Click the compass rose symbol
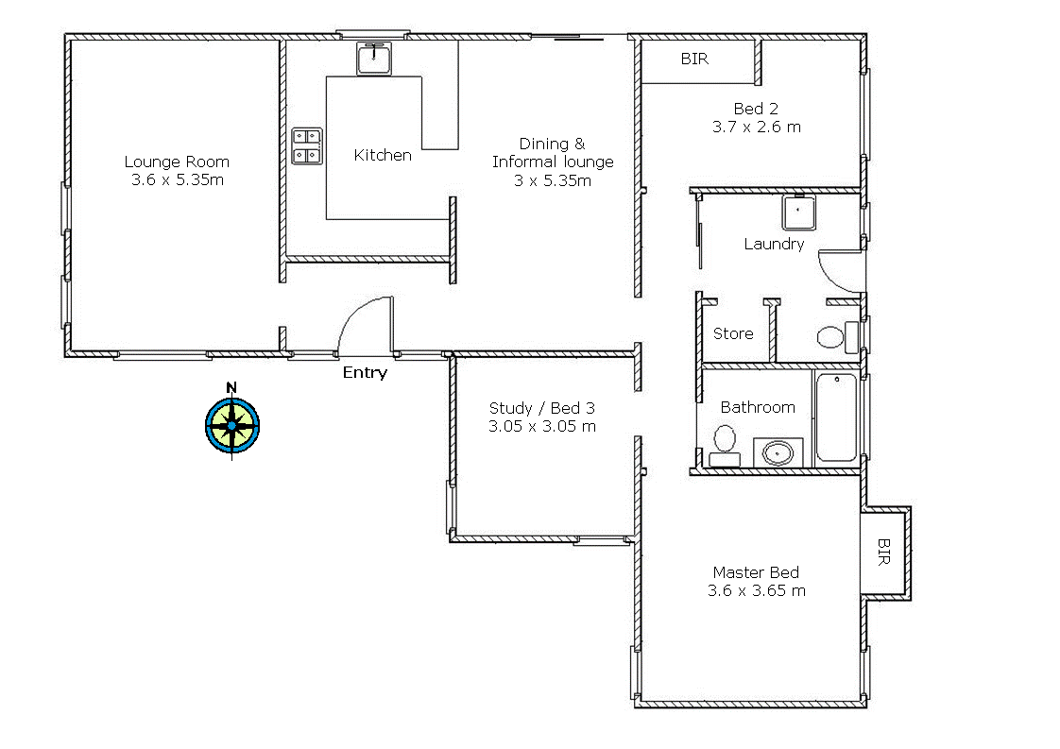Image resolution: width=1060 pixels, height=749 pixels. pyautogui.click(x=231, y=424)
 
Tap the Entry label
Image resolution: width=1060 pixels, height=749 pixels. pyautogui.click(x=365, y=372)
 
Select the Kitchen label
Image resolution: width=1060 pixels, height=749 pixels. pyautogui.click(x=383, y=155)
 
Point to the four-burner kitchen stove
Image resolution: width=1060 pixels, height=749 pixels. pyautogui.click(x=307, y=145)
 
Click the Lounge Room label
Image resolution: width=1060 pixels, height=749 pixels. pyautogui.click(x=177, y=162)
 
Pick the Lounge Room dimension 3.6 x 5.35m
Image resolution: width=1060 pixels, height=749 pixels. pyautogui.click(x=178, y=179)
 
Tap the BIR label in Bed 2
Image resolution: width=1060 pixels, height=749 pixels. pyautogui.click(x=694, y=59)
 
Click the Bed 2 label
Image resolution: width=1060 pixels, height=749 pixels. pyautogui.click(x=756, y=108)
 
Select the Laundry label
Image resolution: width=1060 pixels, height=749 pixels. pyautogui.click(x=774, y=244)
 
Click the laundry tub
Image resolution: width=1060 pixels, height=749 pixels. pyautogui.click(x=799, y=213)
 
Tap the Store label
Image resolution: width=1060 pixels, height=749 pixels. pyautogui.click(x=733, y=333)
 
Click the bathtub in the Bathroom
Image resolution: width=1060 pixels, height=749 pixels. pyautogui.click(x=836, y=417)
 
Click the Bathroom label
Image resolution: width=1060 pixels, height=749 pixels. pyautogui.click(x=758, y=407)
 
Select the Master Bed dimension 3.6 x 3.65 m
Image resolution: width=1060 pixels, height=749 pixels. pyautogui.click(x=756, y=590)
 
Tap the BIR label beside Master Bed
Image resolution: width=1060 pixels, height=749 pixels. pyautogui.click(x=883, y=552)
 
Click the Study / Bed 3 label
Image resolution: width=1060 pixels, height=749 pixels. pyautogui.click(x=541, y=408)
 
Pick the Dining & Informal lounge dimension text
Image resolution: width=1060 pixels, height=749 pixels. pyautogui.click(x=553, y=180)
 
